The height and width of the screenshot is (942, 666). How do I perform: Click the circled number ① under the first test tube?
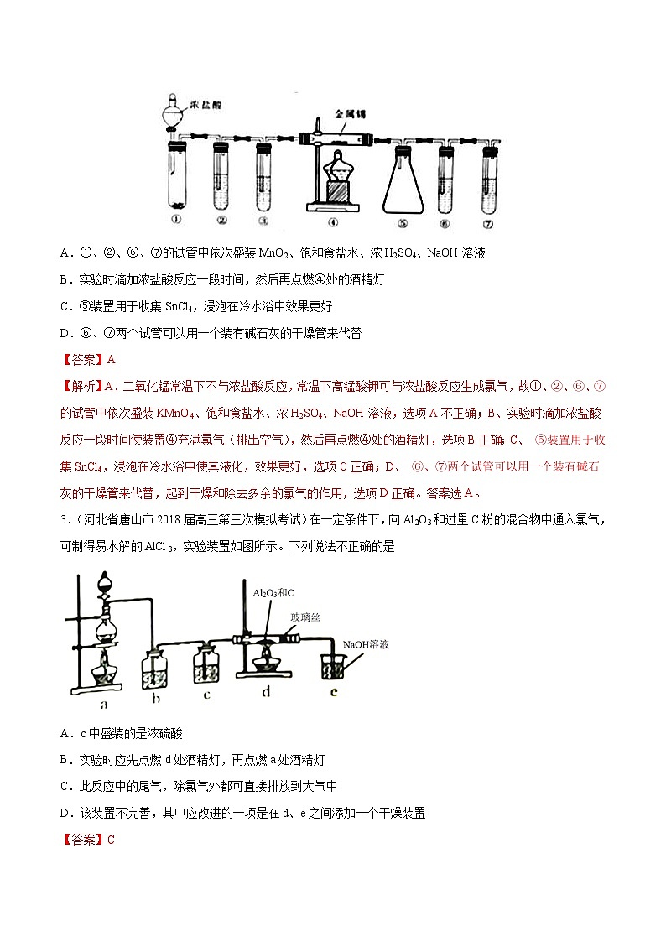(176, 222)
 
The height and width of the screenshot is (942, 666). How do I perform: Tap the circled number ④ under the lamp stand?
(333, 223)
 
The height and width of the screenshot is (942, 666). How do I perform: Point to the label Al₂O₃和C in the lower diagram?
(270, 593)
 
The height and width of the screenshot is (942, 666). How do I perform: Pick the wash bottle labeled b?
(156, 668)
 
